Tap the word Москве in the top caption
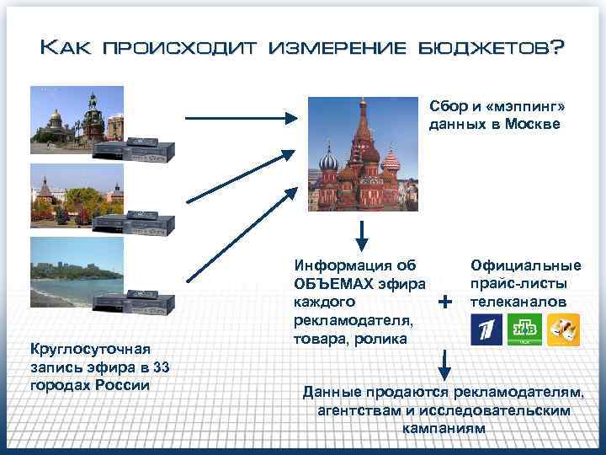click(x=534, y=124)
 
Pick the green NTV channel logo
click(x=524, y=329)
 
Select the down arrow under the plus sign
click(x=445, y=363)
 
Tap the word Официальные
click(x=526, y=266)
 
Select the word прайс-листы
click(x=518, y=284)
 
